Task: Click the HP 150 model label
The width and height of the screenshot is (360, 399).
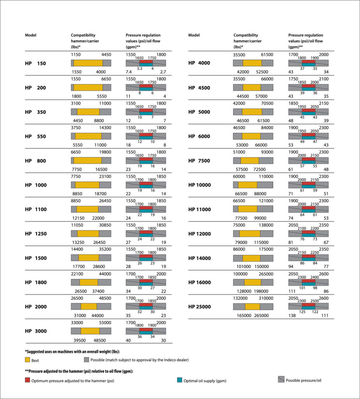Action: coord(35,64)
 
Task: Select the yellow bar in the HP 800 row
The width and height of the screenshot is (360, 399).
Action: coord(88,160)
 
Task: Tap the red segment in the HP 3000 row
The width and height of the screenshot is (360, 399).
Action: coord(146,330)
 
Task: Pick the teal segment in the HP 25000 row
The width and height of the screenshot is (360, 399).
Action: coord(309,308)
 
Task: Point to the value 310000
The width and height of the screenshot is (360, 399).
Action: coord(266,298)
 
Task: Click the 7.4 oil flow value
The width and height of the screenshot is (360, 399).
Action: coord(129,72)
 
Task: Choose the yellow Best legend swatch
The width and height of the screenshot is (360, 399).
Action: coord(28,360)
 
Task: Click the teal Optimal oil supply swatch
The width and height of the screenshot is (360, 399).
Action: coord(179,380)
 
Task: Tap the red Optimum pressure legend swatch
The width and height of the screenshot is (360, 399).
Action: coord(28,380)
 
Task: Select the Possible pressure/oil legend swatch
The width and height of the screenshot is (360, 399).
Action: coord(281,380)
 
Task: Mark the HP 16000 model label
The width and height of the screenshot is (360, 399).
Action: coord(199,282)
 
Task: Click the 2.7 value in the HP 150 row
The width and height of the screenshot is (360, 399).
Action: coord(163,72)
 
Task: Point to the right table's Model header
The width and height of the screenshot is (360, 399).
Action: coord(194,35)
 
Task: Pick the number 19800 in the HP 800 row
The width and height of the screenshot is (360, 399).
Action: coord(105,152)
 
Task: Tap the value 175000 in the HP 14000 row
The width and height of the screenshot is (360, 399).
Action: coord(266,249)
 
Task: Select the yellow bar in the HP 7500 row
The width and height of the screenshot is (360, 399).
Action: coord(249,160)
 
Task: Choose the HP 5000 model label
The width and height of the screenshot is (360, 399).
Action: coord(199,112)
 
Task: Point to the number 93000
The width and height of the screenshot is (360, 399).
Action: coord(267,152)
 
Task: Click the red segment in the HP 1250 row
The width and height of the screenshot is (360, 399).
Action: coord(146,232)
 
